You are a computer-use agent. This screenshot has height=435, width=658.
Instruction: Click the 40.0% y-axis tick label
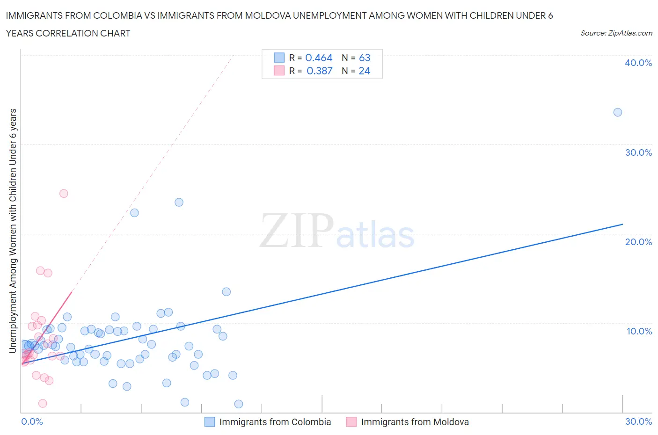click(638, 63)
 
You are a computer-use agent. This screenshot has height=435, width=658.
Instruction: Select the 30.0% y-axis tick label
click(638, 152)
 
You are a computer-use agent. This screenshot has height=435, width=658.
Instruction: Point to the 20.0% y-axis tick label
click(638, 242)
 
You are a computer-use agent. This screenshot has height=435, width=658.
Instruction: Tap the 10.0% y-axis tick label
click(639, 331)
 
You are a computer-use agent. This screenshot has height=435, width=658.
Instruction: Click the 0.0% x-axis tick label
click(32, 421)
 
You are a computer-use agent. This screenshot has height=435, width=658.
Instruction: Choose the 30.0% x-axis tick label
click(638, 421)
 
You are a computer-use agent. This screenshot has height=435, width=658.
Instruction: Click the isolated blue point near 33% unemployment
click(618, 112)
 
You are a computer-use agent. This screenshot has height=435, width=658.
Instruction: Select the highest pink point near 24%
click(64, 194)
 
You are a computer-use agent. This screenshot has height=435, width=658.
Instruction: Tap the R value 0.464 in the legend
click(319, 58)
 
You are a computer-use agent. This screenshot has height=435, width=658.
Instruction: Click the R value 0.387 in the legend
click(319, 71)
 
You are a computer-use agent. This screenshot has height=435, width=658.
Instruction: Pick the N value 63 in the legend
click(365, 58)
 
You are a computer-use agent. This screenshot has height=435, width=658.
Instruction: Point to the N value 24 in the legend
click(364, 71)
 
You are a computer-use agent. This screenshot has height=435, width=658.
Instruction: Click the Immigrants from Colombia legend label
click(275, 422)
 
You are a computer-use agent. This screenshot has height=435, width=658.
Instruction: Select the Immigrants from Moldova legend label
click(415, 422)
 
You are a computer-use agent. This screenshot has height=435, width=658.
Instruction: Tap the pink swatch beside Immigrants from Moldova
click(351, 422)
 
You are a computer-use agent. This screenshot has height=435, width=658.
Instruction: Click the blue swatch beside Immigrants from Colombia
click(210, 422)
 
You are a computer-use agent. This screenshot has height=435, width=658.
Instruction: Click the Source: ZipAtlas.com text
click(616, 33)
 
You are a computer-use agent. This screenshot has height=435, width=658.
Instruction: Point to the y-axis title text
click(13, 230)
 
